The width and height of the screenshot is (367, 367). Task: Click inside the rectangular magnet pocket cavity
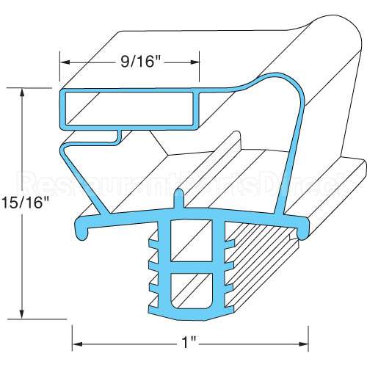(128, 107)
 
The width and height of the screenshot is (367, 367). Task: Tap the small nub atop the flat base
(178, 199)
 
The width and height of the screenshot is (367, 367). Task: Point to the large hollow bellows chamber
(220, 147)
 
